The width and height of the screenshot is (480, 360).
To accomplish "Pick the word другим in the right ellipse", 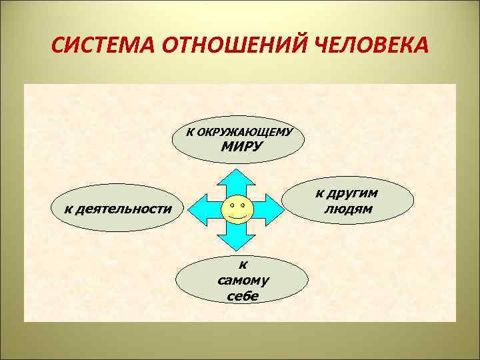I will pyautogui.click(x=347, y=193).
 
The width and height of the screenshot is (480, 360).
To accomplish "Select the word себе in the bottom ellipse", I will pyautogui.click(x=240, y=297).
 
